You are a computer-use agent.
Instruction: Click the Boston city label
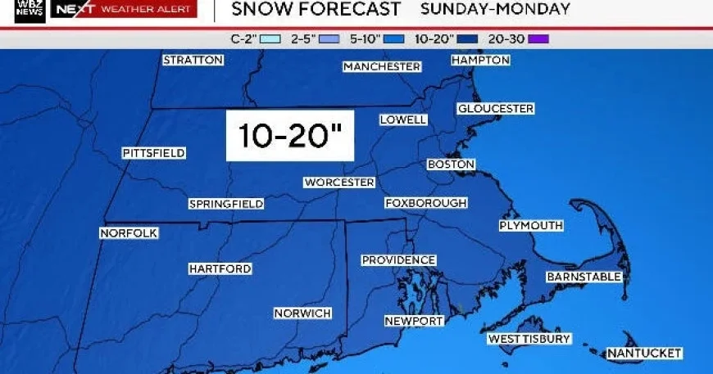coord(452,164)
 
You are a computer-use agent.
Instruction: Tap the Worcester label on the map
coord(339,182)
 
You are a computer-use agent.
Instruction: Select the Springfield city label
coord(225,204)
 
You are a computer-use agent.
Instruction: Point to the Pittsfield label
coord(153,153)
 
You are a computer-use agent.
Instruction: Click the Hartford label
coord(220,268)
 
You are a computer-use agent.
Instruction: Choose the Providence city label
coord(398,260)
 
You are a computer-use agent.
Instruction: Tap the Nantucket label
coord(644,353)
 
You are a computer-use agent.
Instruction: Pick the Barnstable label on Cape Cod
coord(584,277)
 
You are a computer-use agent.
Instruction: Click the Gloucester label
coord(496,109)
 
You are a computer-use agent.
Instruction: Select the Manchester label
coord(382,66)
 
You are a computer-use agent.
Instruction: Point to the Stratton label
coord(193,60)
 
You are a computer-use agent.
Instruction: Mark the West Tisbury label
coord(529,339)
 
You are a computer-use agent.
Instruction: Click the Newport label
coord(414,321)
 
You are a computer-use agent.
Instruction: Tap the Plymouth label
coord(531,225)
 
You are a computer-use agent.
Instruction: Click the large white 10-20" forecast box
coord(290,136)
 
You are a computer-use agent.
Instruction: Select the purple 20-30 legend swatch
coord(539,38)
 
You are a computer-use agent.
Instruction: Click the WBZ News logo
coord(30,10)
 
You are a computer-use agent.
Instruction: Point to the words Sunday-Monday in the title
coord(495,10)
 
